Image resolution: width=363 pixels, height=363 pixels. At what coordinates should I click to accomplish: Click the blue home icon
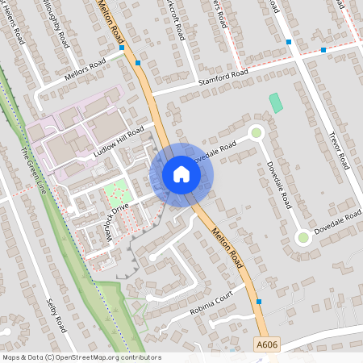pyautogui.click(x=181, y=174)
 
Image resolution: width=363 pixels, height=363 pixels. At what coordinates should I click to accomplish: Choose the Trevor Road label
pyautogui.click(x=338, y=150)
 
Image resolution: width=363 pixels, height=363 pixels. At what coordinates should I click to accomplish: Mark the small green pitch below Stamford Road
pyautogui.click(x=277, y=103)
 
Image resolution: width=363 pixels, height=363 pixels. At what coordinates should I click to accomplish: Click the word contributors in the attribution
pyautogui.click(x=139, y=357)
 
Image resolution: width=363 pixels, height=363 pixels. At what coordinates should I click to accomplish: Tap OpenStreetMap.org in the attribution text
pyautogui.click(x=86, y=357)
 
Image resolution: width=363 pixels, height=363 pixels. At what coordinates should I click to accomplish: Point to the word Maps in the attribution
pyautogui.click(x=10, y=357)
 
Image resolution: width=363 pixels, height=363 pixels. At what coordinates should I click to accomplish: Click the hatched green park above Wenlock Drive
pyautogui.click(x=116, y=194)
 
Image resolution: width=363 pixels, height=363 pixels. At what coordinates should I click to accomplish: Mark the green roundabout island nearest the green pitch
pyautogui.click(x=257, y=132)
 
